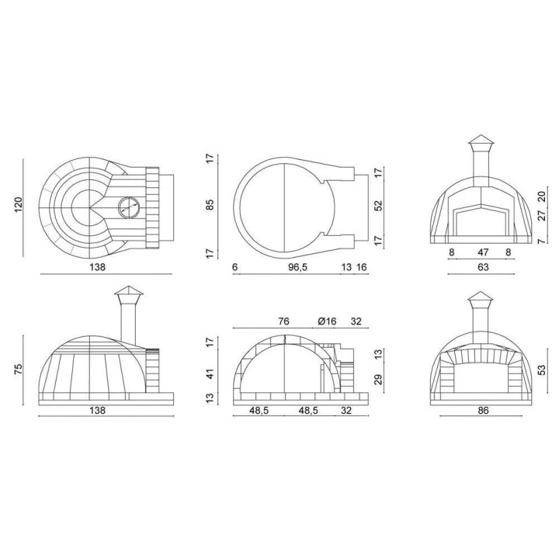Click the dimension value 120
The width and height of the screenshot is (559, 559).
tap(19, 205)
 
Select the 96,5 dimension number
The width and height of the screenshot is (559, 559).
tap(297, 267)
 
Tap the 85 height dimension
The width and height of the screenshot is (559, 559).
tap(210, 205)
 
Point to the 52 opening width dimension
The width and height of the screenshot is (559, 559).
tap(378, 206)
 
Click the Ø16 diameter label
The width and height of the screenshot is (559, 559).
tap(327, 321)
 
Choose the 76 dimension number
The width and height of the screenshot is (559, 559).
tap(283, 321)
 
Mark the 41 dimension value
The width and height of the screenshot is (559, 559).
tap(210, 374)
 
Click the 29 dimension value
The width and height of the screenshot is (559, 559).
tap(378, 380)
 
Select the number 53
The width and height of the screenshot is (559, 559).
tap(542, 370)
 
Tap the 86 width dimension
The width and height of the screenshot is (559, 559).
tap(483, 411)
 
